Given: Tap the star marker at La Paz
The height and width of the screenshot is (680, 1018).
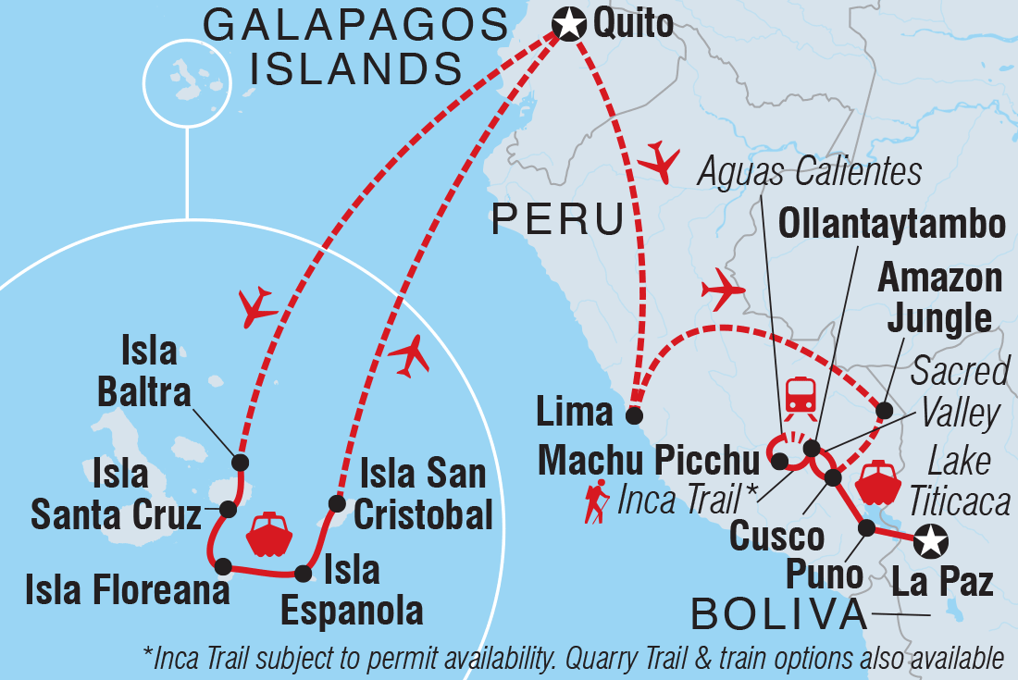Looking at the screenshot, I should (930, 539).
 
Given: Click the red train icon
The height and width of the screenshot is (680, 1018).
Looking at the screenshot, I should (800, 396).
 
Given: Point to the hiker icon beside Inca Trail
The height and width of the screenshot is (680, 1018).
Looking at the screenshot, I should (596, 501).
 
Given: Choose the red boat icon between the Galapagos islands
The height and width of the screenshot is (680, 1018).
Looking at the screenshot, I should (270, 534).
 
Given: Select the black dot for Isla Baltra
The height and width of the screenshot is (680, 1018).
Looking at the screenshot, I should (240, 462).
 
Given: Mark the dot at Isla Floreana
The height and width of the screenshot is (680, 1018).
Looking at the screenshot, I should (222, 565).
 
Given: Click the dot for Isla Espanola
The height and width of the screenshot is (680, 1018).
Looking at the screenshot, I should (301, 573).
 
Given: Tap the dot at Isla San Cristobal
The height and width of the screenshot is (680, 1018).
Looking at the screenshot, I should (336, 503).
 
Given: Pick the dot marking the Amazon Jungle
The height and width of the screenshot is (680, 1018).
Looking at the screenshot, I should (884, 410).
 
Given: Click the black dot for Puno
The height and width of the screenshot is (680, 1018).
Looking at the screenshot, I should (867, 528).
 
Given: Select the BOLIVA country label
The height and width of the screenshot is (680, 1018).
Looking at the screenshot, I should (785, 613).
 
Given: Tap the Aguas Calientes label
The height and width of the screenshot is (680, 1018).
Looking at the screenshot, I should (810, 172).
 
